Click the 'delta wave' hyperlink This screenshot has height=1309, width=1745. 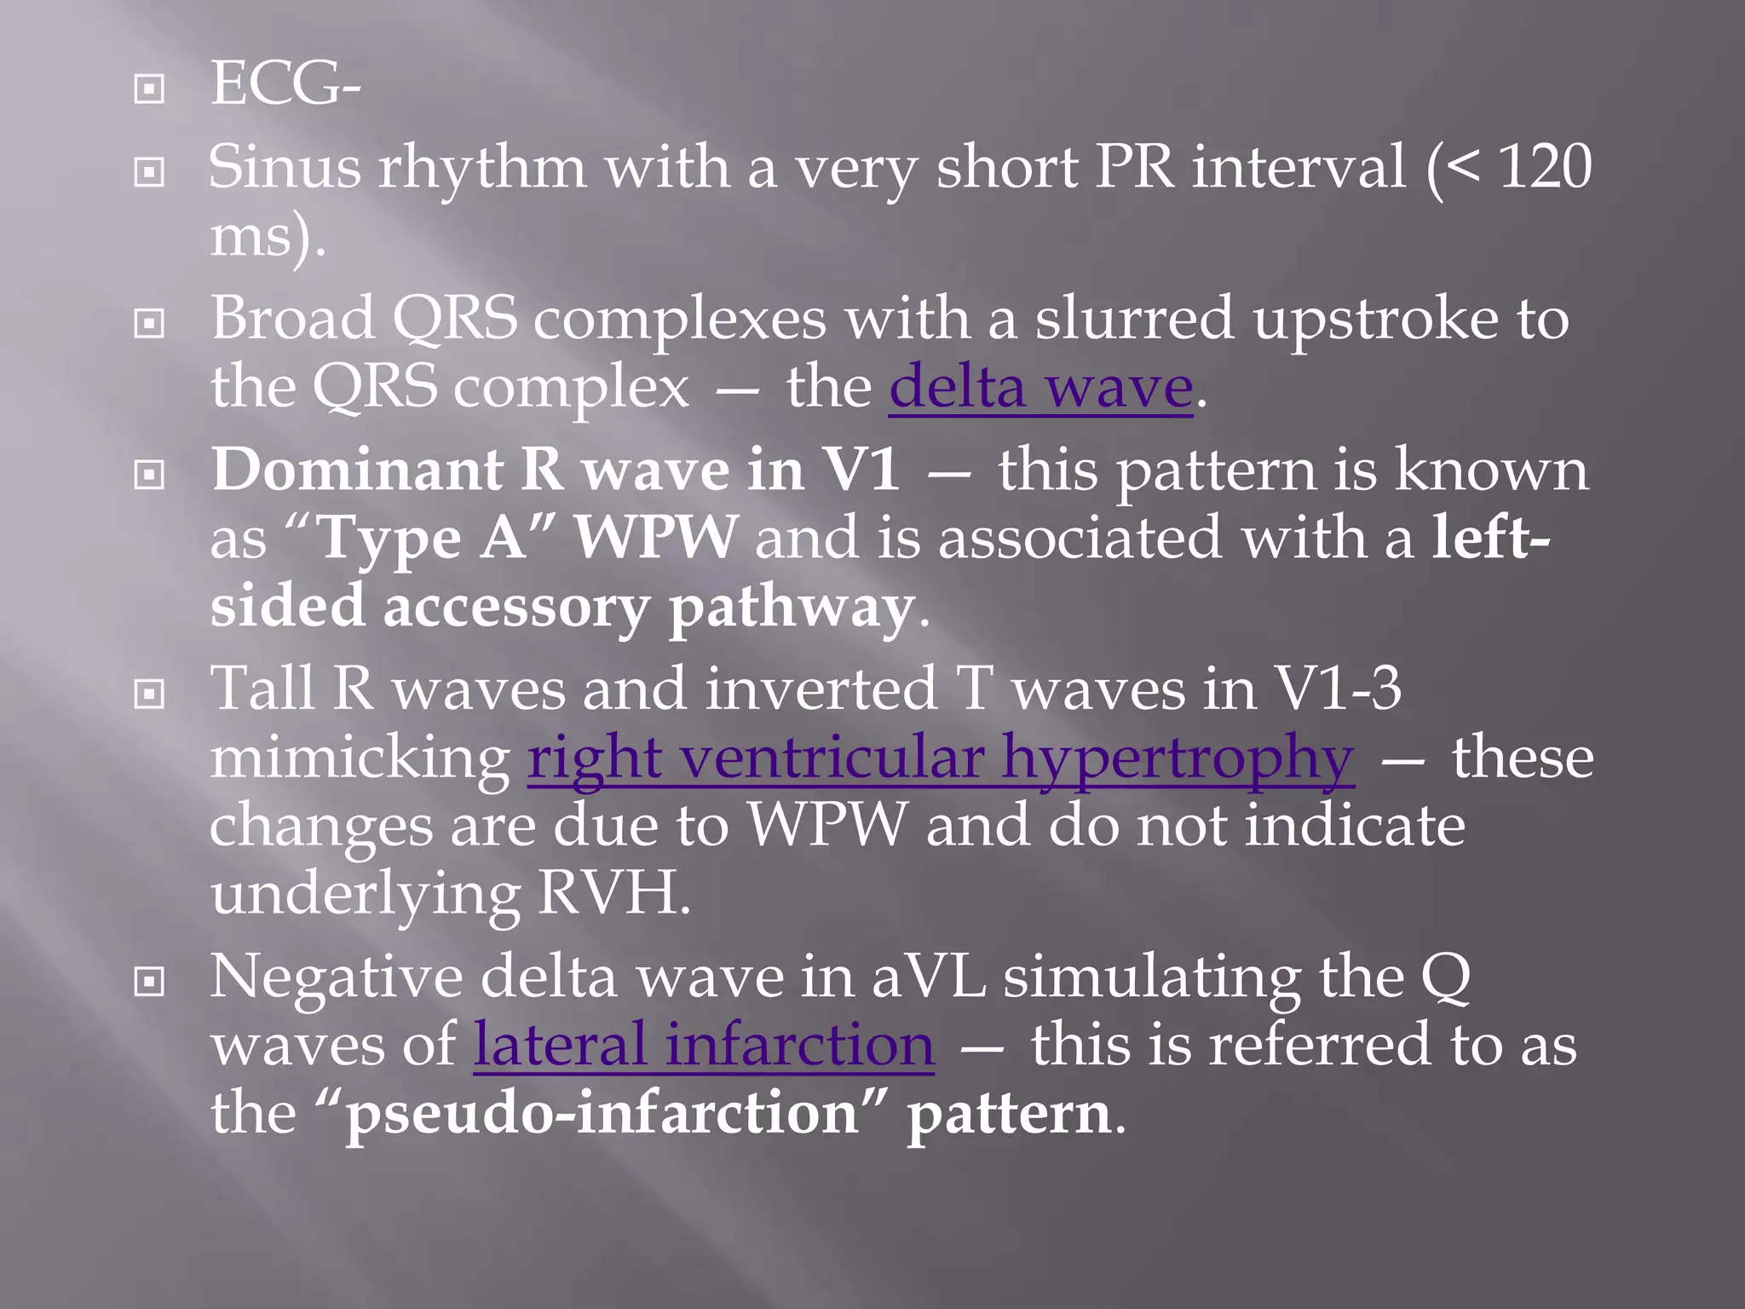tap(1040, 388)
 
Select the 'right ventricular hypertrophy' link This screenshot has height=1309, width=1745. tap(941, 758)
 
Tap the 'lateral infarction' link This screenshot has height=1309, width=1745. tap(704, 1046)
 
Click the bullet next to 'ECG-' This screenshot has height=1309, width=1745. tap(150, 89)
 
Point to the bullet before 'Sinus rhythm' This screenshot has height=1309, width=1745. tap(150, 173)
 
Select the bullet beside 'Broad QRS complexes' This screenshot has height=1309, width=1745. tap(150, 324)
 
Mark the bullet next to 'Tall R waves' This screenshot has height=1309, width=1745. tap(150, 695)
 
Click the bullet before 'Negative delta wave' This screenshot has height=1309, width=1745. tap(150, 983)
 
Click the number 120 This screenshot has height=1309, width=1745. tap(1545, 167)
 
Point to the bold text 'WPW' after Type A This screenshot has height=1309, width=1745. tap(654, 539)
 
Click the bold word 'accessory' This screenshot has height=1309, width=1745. tap(516, 607)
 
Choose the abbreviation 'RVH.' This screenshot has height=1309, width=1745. tap(614, 893)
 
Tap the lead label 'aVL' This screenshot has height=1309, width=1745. tap(929, 977)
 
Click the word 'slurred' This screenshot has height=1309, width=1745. tap(1134, 319)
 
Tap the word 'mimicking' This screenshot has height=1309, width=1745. tap(360, 758)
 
